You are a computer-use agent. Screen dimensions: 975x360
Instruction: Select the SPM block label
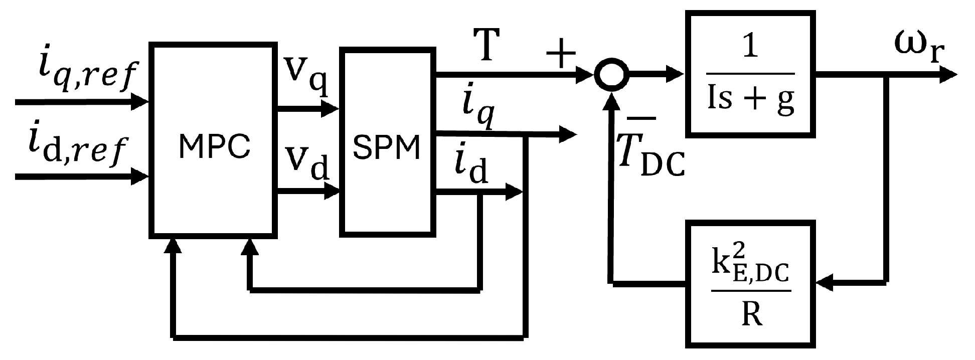pyautogui.click(x=387, y=148)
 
